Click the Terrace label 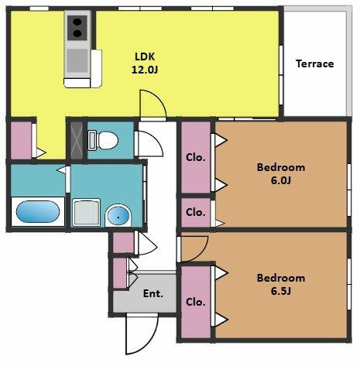(x=314, y=63)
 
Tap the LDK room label (x=145, y=56)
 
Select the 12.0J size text (x=145, y=70)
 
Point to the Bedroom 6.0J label (x=281, y=173)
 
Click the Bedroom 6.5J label (x=281, y=285)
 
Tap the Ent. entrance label (x=153, y=293)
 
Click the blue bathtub (x=38, y=211)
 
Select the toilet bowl (x=103, y=140)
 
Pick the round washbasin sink (x=118, y=216)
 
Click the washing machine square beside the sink (x=86, y=212)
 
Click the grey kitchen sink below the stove (x=77, y=61)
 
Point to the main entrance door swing (x=142, y=334)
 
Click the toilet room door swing (x=149, y=144)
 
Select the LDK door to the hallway (x=153, y=105)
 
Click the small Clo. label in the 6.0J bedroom (x=196, y=213)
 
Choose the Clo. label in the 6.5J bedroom (x=196, y=302)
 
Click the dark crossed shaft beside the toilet (x=77, y=140)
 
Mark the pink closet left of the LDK (x=21, y=140)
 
